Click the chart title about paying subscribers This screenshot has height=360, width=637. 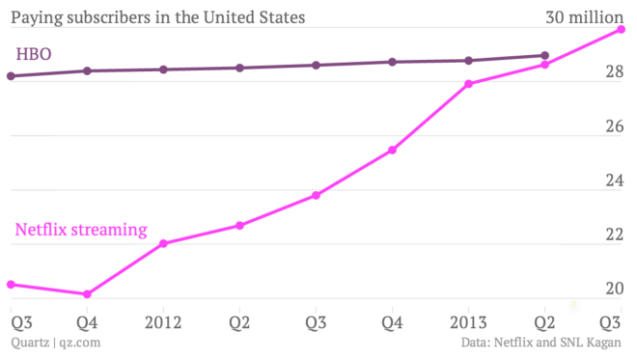point(158,17)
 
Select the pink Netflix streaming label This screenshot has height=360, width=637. point(81,230)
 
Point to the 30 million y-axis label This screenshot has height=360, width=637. point(584,17)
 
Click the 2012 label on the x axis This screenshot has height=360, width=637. point(163,321)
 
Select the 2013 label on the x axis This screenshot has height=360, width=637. point(468,321)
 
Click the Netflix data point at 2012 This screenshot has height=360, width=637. point(163,243)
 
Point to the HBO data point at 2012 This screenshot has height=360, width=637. point(163,69)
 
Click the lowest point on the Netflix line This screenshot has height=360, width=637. point(87,294)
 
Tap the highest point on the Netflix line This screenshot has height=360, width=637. point(621,29)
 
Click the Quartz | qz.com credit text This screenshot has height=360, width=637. point(55,342)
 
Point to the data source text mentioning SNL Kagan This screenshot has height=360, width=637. point(541,342)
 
